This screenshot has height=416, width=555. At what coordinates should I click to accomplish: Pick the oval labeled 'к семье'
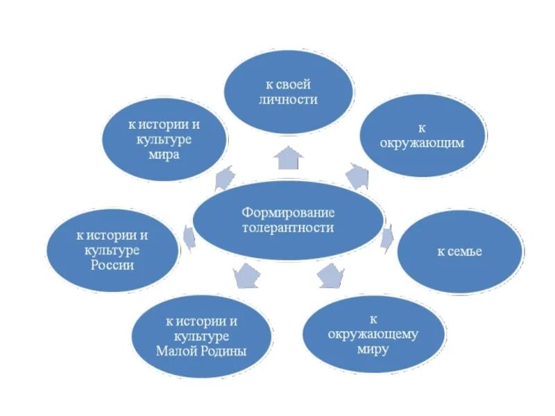click(459, 251)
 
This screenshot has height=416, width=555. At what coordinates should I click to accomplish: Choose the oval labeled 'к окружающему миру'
click(373, 334)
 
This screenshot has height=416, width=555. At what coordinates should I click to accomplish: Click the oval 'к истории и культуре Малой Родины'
click(201, 336)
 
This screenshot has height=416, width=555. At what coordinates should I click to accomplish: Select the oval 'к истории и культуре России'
click(112, 250)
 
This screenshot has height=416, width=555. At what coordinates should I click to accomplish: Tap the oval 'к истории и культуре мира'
click(164, 140)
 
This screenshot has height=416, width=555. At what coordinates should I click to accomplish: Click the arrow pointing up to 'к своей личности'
click(289, 157)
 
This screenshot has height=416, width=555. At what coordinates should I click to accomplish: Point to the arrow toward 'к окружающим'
click(358, 175)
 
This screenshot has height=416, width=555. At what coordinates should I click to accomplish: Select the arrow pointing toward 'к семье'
click(387, 237)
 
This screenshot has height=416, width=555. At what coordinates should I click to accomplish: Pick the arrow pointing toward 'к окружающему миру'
click(331, 276)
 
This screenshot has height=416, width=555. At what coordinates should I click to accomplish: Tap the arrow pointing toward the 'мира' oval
click(224, 178)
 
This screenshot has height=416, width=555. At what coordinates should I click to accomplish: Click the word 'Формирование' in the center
click(287, 211)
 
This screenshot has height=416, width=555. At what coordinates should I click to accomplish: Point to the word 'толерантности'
click(287, 227)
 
